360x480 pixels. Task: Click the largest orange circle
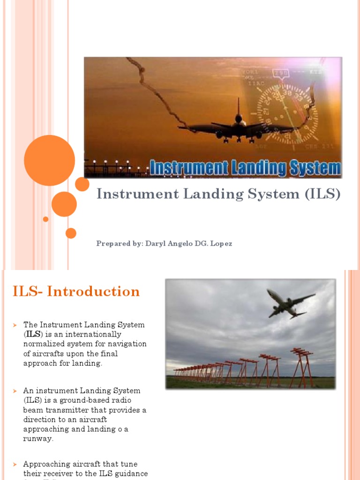tap(49, 160)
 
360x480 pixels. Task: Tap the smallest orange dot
tap(45, 219)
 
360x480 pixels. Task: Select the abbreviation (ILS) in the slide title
tap(322, 194)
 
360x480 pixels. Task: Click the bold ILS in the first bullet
tap(32, 334)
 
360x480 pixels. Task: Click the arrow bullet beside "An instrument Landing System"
tap(15, 390)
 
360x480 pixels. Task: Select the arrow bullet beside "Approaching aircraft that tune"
tap(15, 464)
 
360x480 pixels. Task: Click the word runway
tap(38, 439)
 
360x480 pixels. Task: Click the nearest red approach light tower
tap(301, 368)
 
